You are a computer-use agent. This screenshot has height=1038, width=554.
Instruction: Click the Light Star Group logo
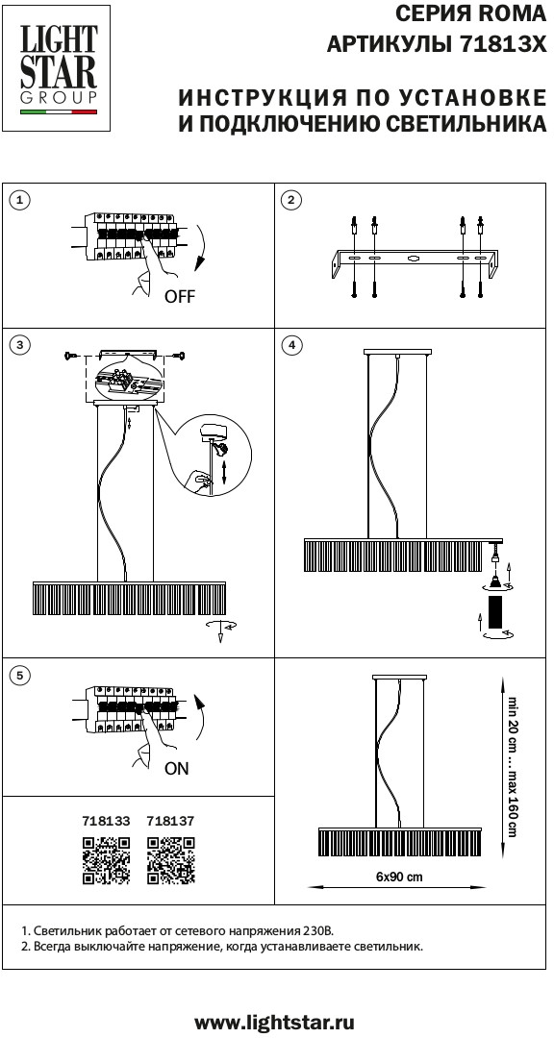pyautogui.click(x=58, y=68)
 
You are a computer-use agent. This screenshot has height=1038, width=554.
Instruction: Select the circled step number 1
pyautogui.click(x=22, y=201)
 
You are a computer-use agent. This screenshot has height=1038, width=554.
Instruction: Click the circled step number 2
pyautogui.click(x=290, y=201)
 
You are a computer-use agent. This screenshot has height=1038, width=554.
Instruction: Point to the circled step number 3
pyautogui.click(x=22, y=345)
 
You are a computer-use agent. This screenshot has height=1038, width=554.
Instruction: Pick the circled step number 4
pyautogui.click(x=290, y=345)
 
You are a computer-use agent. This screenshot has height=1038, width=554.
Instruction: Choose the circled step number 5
pyautogui.click(x=22, y=675)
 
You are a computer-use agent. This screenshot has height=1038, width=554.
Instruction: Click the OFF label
pyautogui.click(x=180, y=297)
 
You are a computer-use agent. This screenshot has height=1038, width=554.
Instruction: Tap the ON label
pyautogui.click(x=177, y=769)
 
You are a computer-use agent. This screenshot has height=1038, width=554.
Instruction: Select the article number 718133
pyautogui.click(x=106, y=821)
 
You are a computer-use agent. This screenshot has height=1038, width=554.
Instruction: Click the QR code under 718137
pyautogui.click(x=171, y=860)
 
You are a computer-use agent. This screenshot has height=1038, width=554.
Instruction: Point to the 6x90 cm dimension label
pyautogui.click(x=399, y=877)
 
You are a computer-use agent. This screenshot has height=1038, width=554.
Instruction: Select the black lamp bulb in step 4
pyautogui.click(x=495, y=614)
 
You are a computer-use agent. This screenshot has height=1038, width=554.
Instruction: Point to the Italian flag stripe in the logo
pyautogui.click(x=59, y=111)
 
